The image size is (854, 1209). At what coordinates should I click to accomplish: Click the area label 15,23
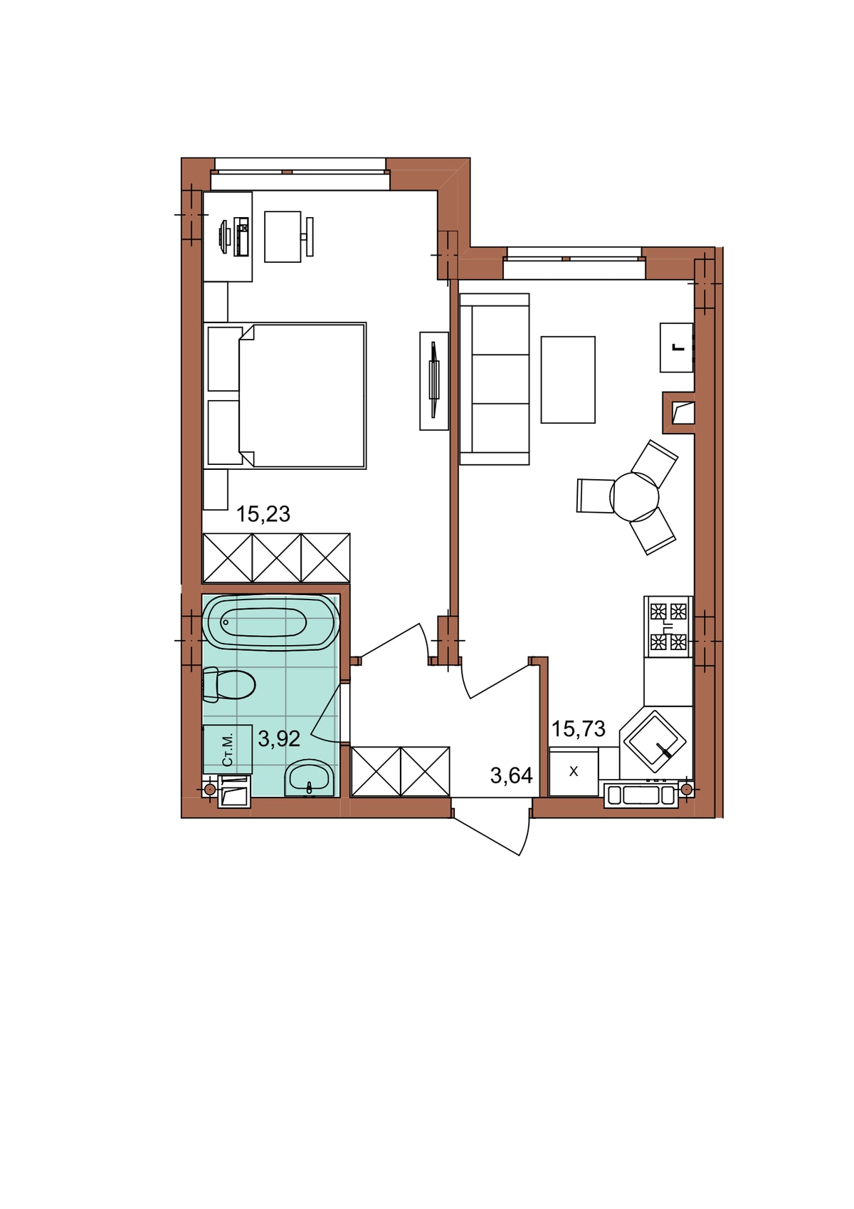coord(263,514)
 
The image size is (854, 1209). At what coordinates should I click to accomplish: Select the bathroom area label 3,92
coord(279,738)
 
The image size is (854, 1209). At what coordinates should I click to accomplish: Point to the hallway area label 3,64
coord(512,775)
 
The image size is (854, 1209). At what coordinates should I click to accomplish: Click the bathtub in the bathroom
coord(271,622)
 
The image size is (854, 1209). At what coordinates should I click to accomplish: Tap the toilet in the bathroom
coord(228,685)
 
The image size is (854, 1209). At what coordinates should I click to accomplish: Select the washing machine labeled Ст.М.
coord(228,749)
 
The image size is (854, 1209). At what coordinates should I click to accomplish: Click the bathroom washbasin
coord(309,778)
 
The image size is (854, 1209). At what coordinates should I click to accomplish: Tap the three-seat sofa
coord(494,379)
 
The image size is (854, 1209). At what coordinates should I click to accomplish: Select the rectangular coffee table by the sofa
coord(568,380)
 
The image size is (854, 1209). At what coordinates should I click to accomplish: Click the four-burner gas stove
coord(668,627)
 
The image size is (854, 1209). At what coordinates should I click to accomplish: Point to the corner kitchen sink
coord(655,740)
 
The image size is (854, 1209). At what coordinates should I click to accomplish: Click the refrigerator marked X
coord(574,772)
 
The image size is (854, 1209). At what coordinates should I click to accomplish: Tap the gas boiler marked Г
coord(677,347)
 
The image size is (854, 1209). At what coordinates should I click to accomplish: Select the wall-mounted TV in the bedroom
coord(434,381)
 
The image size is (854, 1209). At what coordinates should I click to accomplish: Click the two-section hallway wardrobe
coord(400,771)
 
